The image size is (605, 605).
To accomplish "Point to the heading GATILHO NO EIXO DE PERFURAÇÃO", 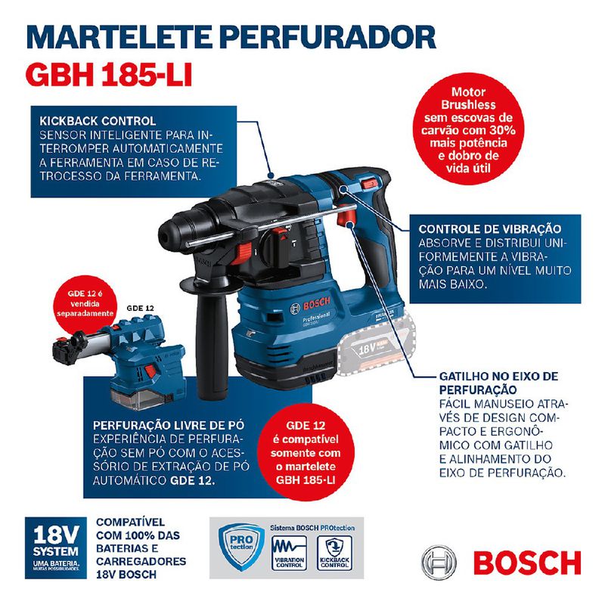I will [498, 382].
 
